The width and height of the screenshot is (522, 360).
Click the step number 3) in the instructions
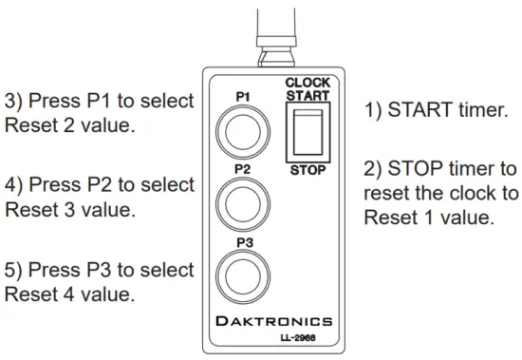16,100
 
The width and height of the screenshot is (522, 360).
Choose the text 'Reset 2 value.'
65,124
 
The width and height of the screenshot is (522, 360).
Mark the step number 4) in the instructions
16,184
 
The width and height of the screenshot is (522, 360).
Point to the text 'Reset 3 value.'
65,209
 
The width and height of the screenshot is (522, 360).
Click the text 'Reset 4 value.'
65,294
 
